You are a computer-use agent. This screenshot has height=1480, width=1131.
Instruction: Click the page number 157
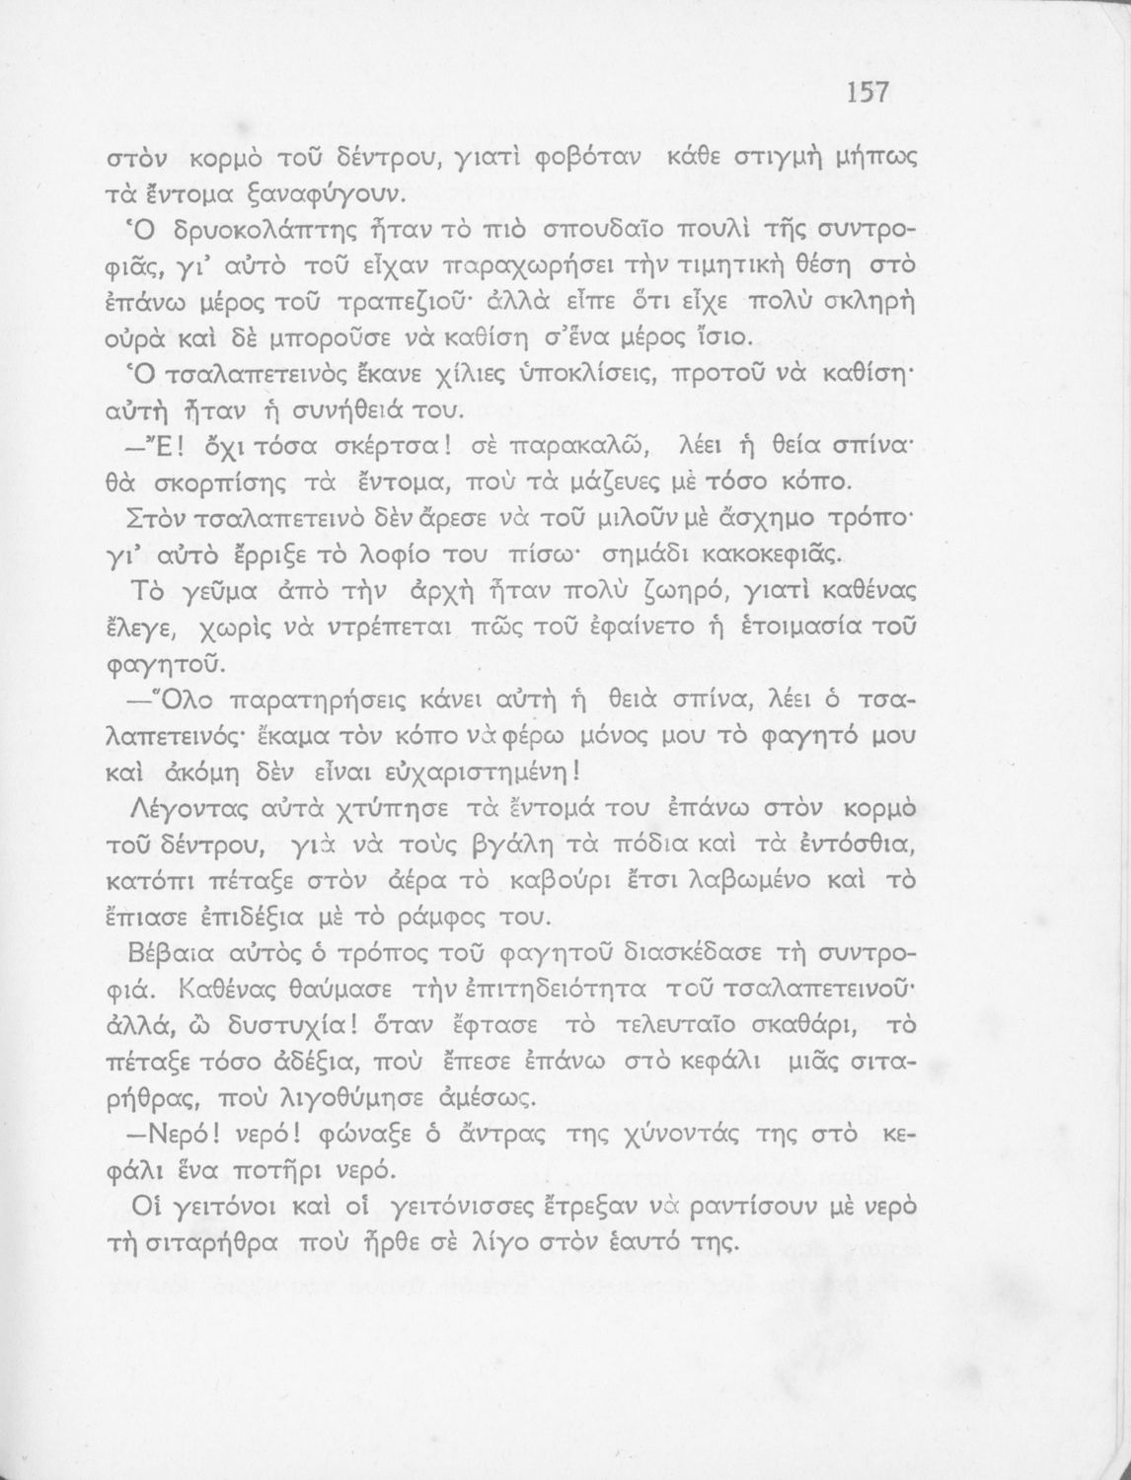[867, 92]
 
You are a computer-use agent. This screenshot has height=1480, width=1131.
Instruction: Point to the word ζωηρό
[736, 593]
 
